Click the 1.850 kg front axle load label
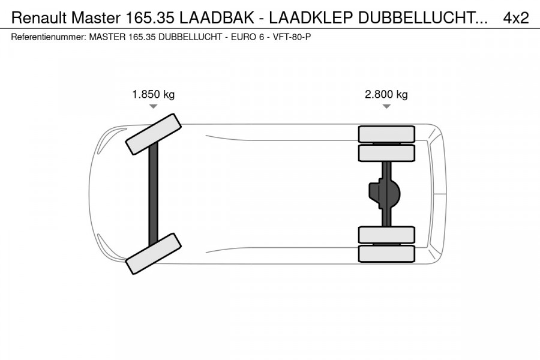tap(153, 94)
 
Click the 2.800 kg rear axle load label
tap(386, 94)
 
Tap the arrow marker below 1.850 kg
tap(153, 106)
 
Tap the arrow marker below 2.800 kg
tap(386, 106)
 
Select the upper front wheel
tap(154, 133)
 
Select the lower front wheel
tap(154, 253)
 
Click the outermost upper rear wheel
tap(386, 134)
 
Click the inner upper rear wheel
tap(386, 153)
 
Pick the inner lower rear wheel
tap(386, 235)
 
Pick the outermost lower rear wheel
tap(386, 253)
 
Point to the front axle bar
tap(154, 193)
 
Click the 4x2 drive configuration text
tap(515, 19)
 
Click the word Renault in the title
tap(36, 19)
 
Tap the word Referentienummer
tap(48, 37)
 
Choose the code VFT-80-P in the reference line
tap(292, 37)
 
